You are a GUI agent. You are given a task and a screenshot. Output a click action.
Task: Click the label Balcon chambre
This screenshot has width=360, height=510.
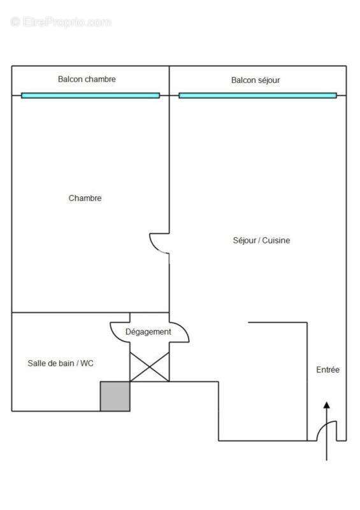coord(87,79)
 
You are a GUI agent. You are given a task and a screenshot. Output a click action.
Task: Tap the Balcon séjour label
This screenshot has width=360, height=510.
coord(256,80)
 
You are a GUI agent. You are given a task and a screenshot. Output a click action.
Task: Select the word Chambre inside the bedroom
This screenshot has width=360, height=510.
coord(85,198)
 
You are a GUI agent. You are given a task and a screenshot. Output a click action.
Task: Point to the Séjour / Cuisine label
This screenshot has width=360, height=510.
coord(261,240)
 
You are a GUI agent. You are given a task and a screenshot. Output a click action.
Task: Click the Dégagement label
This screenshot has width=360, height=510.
coord(148,332)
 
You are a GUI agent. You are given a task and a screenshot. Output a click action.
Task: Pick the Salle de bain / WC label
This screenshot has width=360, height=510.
coord(61,363)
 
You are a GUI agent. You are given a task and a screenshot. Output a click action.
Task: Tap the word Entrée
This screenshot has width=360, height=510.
coord(328,370)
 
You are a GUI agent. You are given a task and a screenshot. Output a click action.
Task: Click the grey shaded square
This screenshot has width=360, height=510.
coord(115,397)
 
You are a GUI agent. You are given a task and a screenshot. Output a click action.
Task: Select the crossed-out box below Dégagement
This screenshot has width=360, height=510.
coord(150,367)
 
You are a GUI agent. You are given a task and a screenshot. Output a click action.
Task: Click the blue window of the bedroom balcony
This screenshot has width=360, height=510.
coord(90,95)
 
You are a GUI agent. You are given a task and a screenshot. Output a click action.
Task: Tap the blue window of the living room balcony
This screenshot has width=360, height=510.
coord(258,95)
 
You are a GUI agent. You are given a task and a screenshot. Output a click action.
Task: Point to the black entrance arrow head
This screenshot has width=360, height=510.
coord(327,405)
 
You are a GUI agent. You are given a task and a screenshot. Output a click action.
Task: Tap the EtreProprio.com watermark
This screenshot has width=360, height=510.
coord(61,22)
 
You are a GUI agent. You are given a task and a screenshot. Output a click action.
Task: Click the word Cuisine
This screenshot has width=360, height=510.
coord(276,240)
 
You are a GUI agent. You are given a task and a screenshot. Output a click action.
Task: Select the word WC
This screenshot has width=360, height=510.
coord(87,363)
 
